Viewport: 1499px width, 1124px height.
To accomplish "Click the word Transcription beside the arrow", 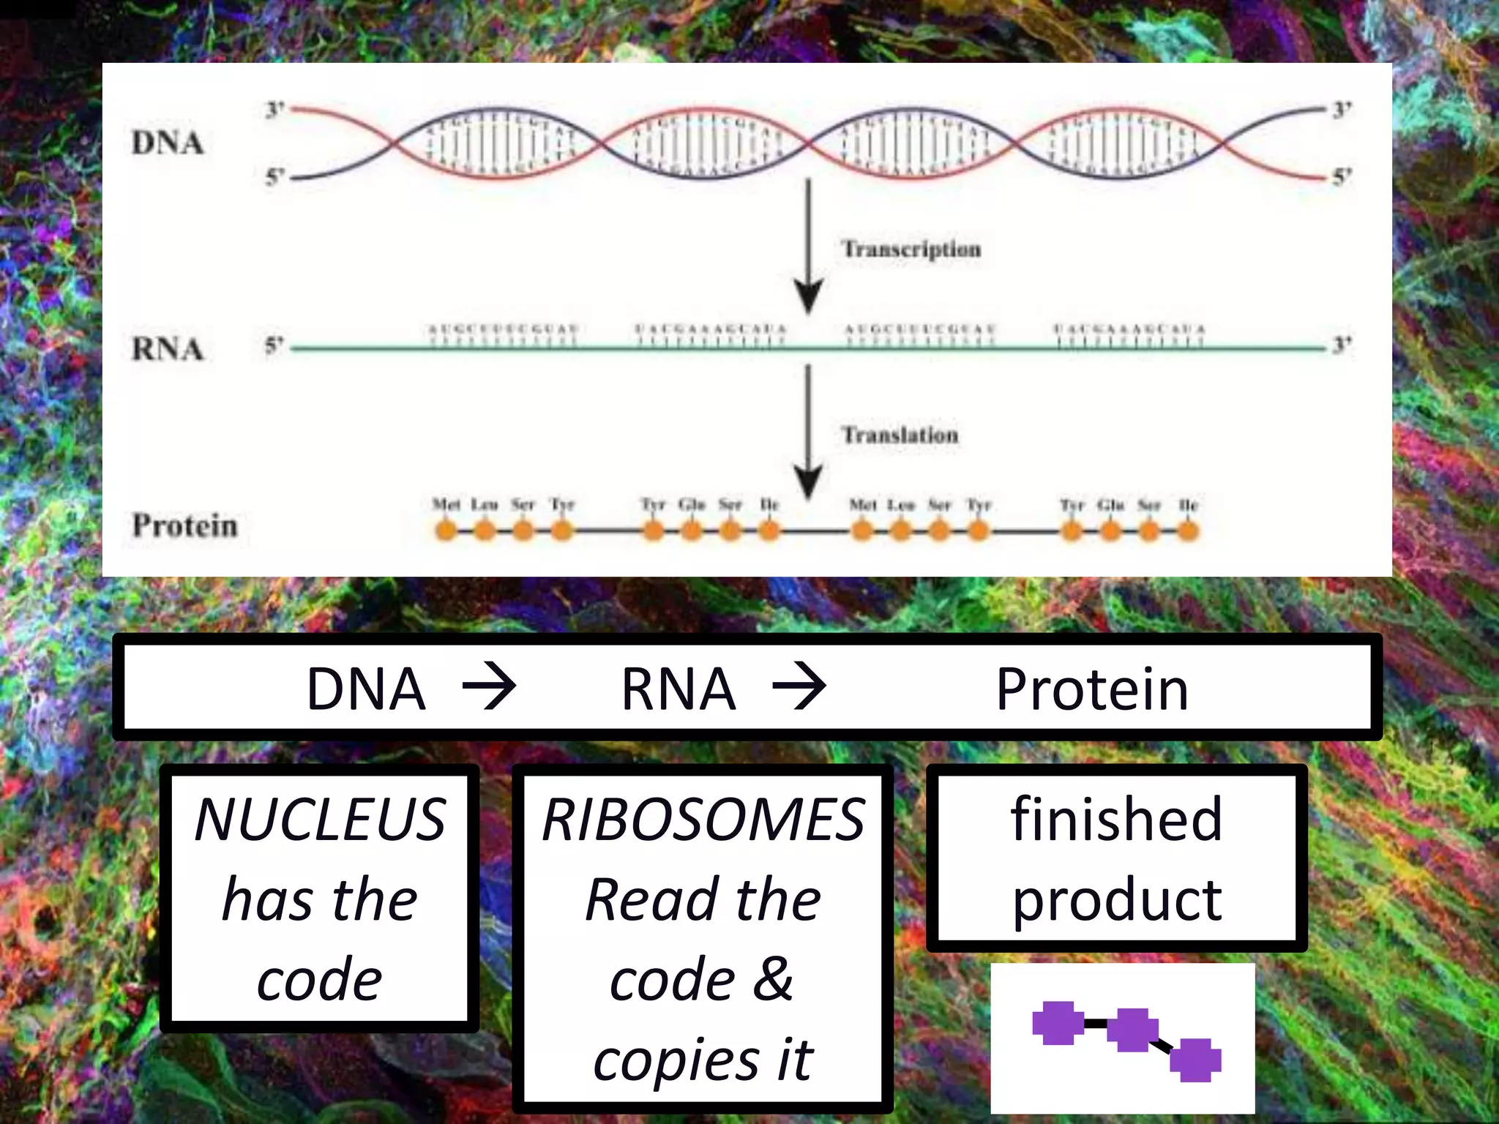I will tap(911, 249).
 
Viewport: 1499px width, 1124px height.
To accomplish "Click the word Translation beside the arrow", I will tap(900, 435).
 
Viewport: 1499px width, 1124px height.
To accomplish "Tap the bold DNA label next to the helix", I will tap(168, 143).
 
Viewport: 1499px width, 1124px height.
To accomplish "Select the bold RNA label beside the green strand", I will tap(168, 348).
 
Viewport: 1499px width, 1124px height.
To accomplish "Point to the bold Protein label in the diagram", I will tap(184, 525).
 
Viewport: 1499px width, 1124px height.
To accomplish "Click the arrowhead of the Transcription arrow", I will tap(808, 296).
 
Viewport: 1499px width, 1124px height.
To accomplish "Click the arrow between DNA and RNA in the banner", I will tap(490, 686).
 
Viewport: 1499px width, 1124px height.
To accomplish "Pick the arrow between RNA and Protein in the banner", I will tap(799, 686).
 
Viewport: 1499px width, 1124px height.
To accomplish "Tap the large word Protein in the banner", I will tap(1092, 689).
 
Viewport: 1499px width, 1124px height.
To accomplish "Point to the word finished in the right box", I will tap(1116, 819).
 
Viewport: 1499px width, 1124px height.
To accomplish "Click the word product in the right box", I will tap(1116, 900).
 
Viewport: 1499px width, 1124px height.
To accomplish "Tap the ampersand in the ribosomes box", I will tap(773, 979).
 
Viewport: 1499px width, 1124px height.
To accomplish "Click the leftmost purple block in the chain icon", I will tap(1058, 1023).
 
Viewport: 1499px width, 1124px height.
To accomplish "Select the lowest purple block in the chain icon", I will tap(1195, 1060).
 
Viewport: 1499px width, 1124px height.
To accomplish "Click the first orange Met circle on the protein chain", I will tap(446, 530).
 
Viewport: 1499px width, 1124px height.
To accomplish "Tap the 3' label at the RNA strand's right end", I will tap(1341, 344).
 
